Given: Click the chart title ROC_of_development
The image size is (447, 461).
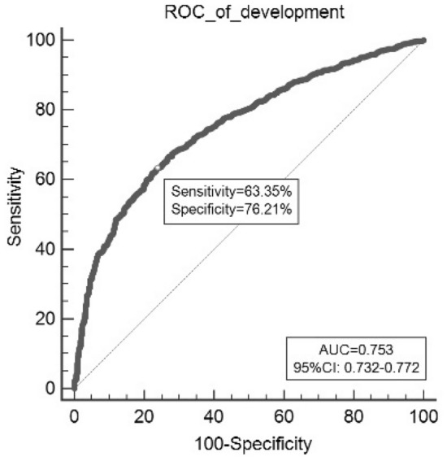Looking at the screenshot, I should (x=249, y=10).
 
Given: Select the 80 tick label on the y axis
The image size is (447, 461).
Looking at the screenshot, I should (x=44, y=110).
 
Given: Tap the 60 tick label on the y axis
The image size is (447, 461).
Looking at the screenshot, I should (x=44, y=180).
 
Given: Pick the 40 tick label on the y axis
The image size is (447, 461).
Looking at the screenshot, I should (x=44, y=249).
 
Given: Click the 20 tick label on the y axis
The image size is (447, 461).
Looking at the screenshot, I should (x=44, y=319).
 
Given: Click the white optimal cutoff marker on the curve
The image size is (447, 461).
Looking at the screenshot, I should (x=158, y=168).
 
